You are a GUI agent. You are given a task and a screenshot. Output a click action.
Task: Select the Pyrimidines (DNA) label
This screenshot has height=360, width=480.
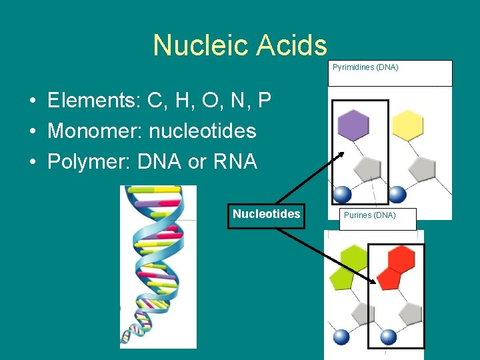click(365, 67)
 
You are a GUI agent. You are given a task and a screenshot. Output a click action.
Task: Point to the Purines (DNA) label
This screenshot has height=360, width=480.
click(369, 215)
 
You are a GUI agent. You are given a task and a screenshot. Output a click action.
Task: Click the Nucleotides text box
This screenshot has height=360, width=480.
click(266, 215)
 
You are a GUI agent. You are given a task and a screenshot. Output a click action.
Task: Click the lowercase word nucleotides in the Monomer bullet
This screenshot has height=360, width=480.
click(203, 131)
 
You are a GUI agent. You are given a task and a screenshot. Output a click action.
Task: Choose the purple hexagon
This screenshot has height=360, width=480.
click(353, 125)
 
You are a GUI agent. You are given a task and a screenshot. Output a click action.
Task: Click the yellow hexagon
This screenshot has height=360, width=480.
click(407, 125)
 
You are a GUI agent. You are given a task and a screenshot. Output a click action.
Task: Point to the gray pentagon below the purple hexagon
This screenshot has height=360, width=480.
click(367, 169)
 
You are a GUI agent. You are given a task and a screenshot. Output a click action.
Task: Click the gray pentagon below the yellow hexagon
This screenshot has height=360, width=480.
click(421, 169)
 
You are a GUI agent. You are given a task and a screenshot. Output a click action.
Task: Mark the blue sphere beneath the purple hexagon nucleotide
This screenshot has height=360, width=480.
click(342, 194)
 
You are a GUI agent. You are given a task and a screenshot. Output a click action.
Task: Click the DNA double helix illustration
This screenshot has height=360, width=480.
click(158, 267)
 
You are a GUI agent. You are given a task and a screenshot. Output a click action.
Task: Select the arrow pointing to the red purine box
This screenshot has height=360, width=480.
click(327, 257)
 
